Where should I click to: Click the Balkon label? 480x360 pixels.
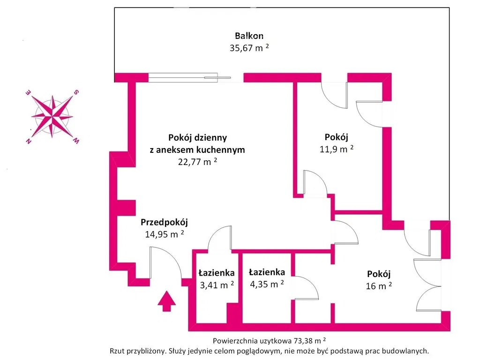click(249, 36)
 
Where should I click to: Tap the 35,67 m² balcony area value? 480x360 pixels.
click(249, 48)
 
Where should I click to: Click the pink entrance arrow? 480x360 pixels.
click(166, 300)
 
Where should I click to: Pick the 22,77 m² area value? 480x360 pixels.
click(197, 162)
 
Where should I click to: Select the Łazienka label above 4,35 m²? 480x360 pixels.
click(267, 272)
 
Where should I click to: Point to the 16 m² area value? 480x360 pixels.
click(379, 286)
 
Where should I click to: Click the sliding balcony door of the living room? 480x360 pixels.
click(189, 77)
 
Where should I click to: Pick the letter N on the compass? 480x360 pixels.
click(29, 142)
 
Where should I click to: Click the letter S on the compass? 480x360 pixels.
click(75, 92)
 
